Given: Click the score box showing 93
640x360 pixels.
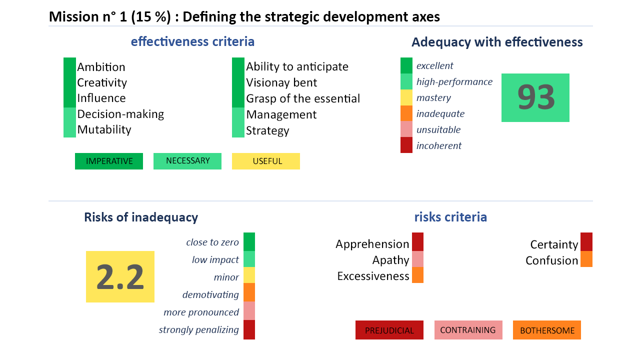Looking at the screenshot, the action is pos(535,97).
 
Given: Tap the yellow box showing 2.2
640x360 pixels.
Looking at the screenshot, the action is pos(120,276).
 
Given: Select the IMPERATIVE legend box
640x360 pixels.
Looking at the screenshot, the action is pos(109,161).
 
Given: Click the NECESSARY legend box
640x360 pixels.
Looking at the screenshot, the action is pos(187,161).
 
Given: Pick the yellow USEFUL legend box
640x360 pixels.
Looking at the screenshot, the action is pos(266,161).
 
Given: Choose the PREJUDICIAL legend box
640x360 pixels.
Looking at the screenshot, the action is pos(389,330).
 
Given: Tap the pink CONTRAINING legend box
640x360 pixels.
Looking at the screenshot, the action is pos(468,330).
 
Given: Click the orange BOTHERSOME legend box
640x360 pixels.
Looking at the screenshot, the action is pos(547,330).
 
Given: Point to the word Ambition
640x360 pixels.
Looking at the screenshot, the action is pos(101,67).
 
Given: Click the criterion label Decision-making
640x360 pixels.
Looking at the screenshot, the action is pos(120,114).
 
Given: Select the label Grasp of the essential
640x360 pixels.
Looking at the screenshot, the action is pos(303,98).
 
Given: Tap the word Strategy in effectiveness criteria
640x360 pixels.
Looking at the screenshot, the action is pos(267,131).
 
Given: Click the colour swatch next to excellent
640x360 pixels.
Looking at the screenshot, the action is pos(406,65).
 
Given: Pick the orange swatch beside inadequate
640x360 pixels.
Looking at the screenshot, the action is pos(406,113).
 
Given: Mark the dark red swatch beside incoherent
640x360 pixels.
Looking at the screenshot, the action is pos(406,145).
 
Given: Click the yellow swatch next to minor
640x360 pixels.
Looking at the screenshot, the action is pos(249,275).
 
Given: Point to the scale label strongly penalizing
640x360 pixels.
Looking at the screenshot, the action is pos(199,330).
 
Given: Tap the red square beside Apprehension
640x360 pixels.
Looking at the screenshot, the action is pos(417,241).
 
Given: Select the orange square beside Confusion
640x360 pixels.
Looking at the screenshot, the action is pos(586,259).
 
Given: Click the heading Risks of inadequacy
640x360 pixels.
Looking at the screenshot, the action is pos(141,217).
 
